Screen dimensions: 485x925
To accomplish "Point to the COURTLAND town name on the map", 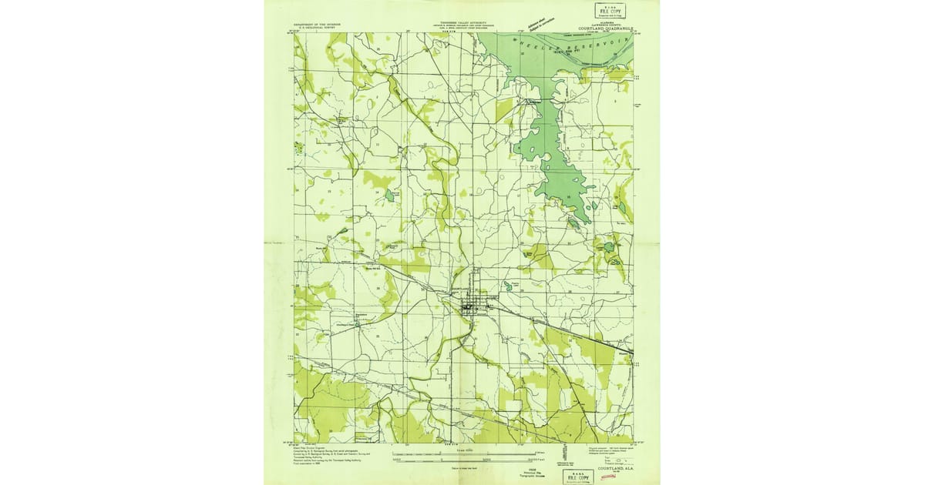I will coord(461,290).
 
